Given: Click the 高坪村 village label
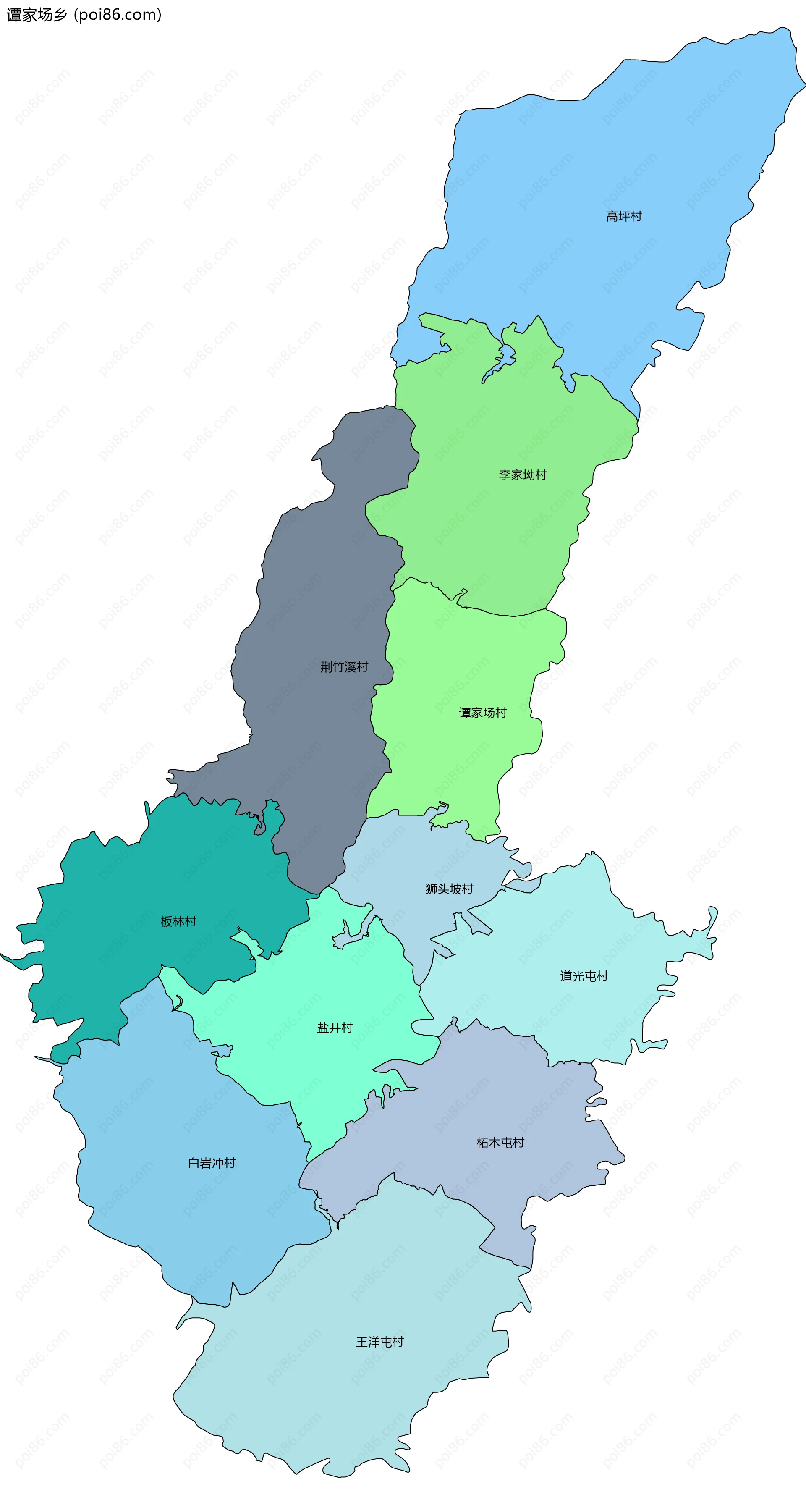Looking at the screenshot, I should pos(624,217).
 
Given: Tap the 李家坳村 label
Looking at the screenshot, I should pos(523,475).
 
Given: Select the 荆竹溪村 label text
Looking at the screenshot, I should pos(344,667).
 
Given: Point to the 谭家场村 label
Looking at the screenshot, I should pos(482,713).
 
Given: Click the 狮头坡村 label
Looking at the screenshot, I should pos(449,889).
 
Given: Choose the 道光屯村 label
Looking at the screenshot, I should pos(584,976).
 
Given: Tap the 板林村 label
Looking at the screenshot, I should pos(178,922).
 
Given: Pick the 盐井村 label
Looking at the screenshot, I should pos(335,1028).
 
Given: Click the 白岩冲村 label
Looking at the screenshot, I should pos(212,1163).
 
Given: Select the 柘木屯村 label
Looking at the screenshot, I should pos(500,1143).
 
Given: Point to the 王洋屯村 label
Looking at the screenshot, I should pos(379,1342).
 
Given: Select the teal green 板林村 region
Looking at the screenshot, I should pos(117,947).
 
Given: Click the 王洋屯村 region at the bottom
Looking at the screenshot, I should pos(351,1402).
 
